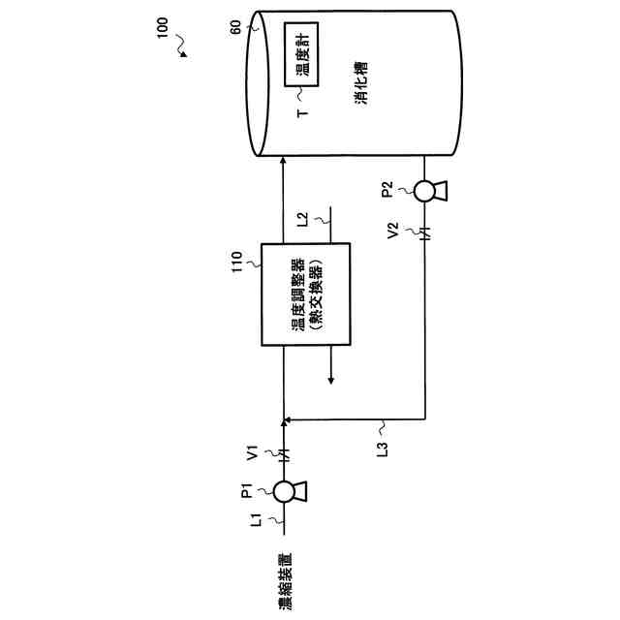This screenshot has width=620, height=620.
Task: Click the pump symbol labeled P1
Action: click(x=285, y=491)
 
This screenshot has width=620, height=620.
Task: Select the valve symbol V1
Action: click(x=284, y=451)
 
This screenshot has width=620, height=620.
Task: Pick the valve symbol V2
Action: click(x=424, y=232)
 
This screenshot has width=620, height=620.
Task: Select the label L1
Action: click(x=257, y=520)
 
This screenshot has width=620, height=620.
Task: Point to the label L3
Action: click(x=381, y=449)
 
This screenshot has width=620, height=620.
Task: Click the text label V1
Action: click(x=253, y=452)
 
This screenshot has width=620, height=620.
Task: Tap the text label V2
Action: click(x=392, y=232)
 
